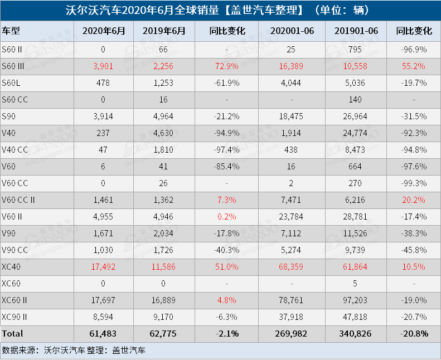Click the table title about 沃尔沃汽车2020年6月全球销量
click(220, 10)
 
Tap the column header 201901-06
click(356, 31)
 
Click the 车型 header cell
click(12, 31)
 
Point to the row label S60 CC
click(14, 100)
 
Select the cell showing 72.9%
click(230, 66)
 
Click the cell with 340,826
click(356, 334)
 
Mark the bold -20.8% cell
click(414, 334)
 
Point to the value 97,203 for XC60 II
click(356, 300)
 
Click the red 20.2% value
click(414, 200)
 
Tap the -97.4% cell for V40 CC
click(230, 150)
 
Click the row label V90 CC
click(14, 250)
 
